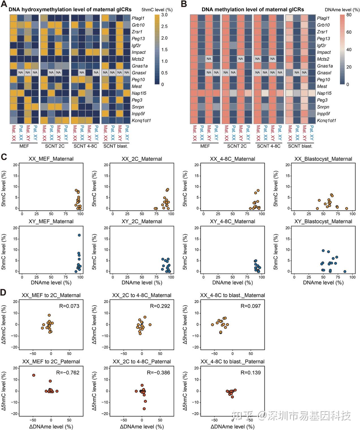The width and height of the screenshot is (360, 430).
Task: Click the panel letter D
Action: (4, 292)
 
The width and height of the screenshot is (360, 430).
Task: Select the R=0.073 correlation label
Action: (69, 306)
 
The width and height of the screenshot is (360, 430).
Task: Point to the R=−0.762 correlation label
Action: (68, 373)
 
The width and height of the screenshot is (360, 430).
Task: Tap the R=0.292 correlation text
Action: (160, 306)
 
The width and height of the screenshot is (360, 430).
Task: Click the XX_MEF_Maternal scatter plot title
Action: (51, 159)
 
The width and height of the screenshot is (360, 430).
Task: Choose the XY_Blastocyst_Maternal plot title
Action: (323, 221)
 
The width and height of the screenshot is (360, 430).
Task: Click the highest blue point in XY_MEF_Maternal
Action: (79, 235)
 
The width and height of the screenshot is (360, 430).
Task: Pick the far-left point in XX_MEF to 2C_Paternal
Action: (34, 375)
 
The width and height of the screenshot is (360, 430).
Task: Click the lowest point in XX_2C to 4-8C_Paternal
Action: (144, 409)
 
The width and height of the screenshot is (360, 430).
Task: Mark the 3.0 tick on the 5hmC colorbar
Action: (164, 15)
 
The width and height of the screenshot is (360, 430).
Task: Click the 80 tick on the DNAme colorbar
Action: (349, 15)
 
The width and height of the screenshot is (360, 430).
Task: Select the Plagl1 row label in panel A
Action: (138, 18)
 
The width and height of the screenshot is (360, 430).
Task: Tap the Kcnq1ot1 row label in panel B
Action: (326, 120)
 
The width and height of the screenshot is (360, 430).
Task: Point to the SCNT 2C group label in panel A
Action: (55, 146)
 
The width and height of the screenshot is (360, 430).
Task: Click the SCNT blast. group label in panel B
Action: (300, 146)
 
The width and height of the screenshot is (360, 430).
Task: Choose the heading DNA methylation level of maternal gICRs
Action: (253, 10)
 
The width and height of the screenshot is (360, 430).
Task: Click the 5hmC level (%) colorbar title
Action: (157, 10)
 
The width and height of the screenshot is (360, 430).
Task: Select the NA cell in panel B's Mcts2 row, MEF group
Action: (209, 59)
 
